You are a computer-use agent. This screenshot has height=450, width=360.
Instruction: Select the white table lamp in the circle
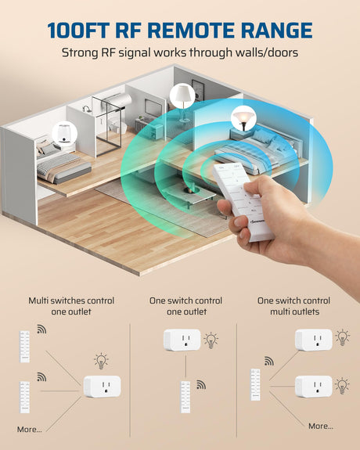182,95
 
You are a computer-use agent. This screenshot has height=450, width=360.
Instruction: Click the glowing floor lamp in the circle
243,118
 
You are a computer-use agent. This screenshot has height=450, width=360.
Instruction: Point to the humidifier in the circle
65,134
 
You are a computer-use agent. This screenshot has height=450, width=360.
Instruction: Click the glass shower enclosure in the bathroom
109,125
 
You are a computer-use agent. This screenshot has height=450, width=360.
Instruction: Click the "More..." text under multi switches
29,430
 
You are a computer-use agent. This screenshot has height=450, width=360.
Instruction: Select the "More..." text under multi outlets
321,427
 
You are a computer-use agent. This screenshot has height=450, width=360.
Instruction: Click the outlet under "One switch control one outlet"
182,340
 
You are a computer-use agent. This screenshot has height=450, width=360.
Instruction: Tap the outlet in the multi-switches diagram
103,387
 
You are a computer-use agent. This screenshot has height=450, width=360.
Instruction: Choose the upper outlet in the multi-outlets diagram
314,340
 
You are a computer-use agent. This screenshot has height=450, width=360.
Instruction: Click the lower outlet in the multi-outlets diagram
314,387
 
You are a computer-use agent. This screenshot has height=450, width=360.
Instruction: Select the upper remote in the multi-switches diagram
24,347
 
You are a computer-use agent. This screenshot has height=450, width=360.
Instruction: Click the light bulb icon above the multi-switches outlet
101,361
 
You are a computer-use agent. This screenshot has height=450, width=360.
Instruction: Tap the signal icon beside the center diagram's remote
201,384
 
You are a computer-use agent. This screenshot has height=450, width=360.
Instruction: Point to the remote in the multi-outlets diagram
255,384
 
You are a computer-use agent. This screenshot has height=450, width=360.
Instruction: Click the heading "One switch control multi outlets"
294,306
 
